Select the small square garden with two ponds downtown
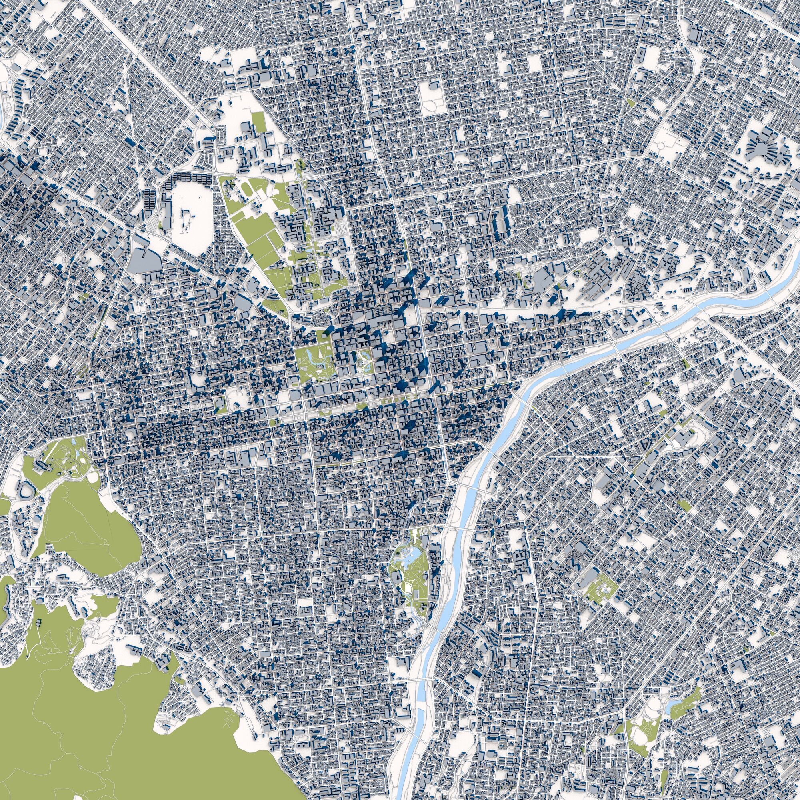[x=364, y=348]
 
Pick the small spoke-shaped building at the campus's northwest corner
[x=228, y=187]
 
